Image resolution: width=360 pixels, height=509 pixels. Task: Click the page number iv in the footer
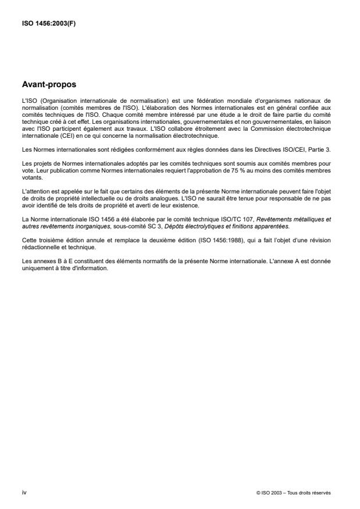pyautogui.click(x=23, y=492)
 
